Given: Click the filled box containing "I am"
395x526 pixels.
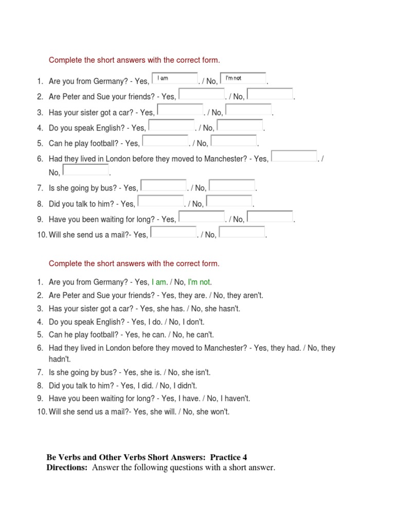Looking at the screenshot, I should click(175, 79).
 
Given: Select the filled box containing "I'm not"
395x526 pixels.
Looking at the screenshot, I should click(243, 79).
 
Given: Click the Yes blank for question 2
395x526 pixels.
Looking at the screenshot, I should click(202, 94).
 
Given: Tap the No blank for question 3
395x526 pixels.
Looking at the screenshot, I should click(249, 110).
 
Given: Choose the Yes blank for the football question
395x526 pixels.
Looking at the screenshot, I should click(166, 141).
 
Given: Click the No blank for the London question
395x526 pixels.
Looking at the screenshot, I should click(86, 170).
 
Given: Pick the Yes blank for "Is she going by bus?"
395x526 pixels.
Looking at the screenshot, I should click(164, 185).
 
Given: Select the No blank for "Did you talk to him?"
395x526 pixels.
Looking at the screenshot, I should click(229, 201).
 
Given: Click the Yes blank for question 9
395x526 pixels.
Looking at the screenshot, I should click(202, 217).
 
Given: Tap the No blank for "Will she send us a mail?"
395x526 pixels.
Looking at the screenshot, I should click(242, 232).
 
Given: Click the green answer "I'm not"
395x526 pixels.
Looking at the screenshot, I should click(199, 282).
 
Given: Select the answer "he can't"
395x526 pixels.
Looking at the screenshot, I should click(201, 334).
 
